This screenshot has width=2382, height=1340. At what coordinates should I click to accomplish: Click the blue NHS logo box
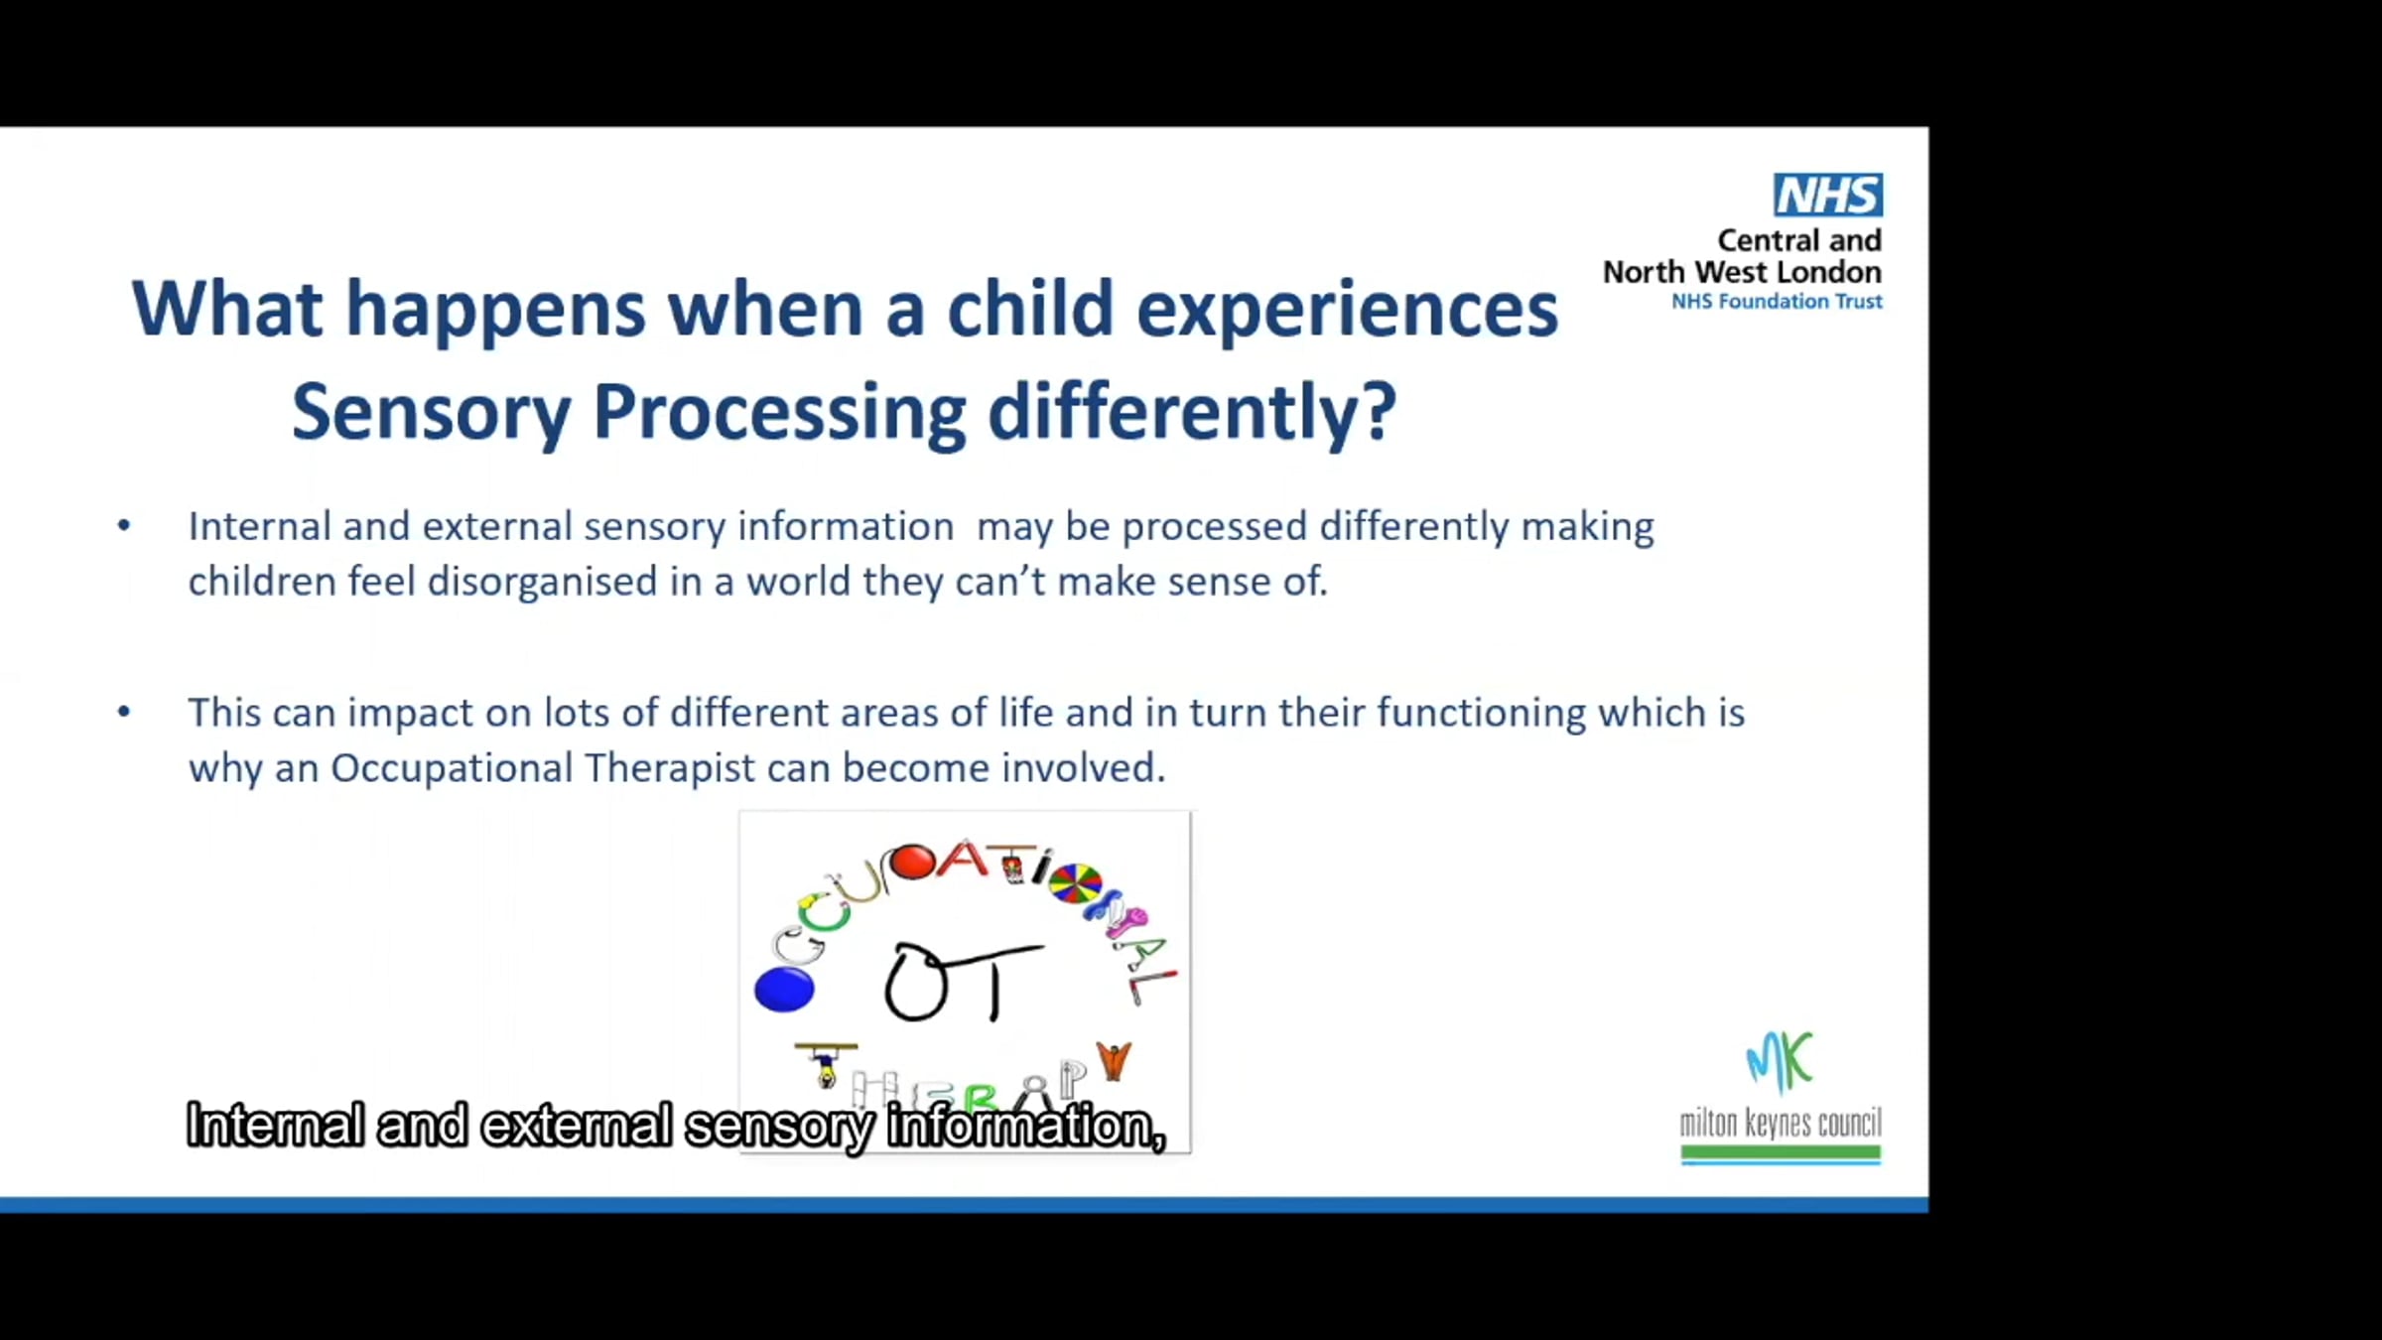(1828, 195)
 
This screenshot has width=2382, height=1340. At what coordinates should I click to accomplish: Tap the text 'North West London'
(1742, 272)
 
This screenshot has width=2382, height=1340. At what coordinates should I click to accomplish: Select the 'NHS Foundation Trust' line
(1777, 302)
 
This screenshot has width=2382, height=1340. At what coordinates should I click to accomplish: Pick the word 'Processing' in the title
(779, 414)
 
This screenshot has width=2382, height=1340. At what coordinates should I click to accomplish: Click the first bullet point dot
(124, 525)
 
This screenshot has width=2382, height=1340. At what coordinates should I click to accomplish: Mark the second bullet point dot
(124, 711)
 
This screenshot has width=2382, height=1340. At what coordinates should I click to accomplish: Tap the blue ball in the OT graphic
(784, 990)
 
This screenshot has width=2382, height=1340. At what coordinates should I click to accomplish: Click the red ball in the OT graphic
(912, 862)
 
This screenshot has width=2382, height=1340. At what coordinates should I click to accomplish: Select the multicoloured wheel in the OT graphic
(1075, 882)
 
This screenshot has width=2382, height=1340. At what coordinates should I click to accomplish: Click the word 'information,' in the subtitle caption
(1026, 1127)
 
